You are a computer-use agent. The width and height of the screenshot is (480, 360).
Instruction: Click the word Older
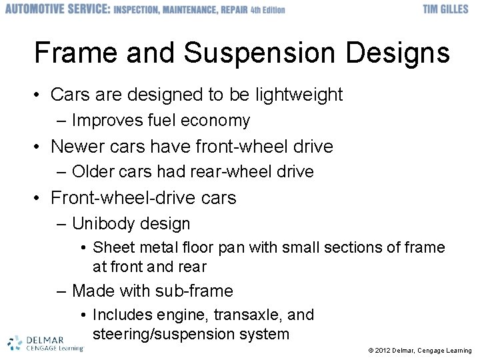coord(93,171)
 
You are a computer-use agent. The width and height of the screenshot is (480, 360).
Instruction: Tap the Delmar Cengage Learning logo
coord(45,343)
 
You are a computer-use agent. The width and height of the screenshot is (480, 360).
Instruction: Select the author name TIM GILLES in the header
coord(445,10)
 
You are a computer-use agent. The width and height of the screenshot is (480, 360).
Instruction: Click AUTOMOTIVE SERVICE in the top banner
coord(57,10)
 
